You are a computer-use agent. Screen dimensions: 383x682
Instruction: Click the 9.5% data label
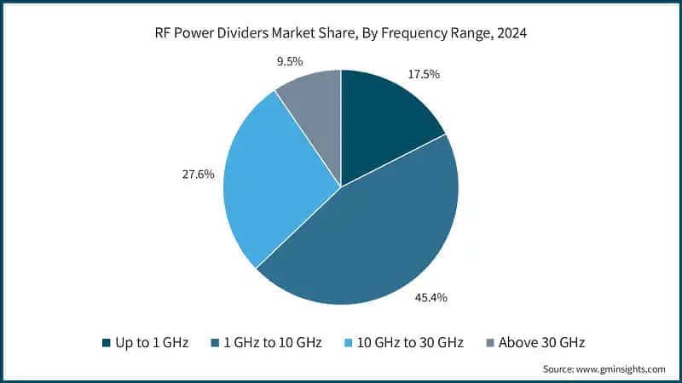287,60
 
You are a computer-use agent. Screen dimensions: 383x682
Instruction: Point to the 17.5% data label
423,74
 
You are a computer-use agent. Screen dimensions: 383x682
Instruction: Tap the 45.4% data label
431,298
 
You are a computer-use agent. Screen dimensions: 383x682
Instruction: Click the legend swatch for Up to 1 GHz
106,342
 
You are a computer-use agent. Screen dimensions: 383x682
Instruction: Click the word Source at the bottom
559,369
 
